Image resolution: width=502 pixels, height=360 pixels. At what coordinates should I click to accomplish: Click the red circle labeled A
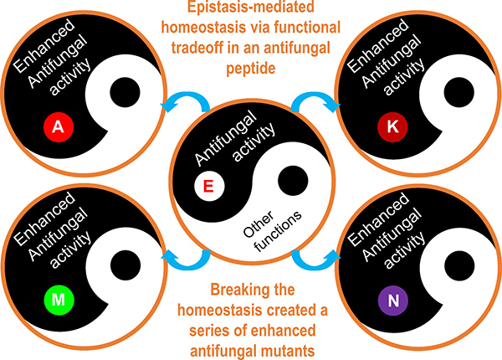57,127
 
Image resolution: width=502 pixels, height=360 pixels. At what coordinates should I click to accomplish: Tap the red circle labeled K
391,127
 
